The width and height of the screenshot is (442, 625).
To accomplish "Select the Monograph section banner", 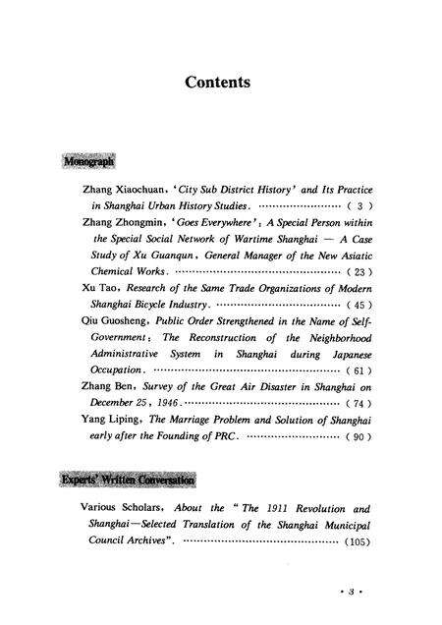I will (90, 158).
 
